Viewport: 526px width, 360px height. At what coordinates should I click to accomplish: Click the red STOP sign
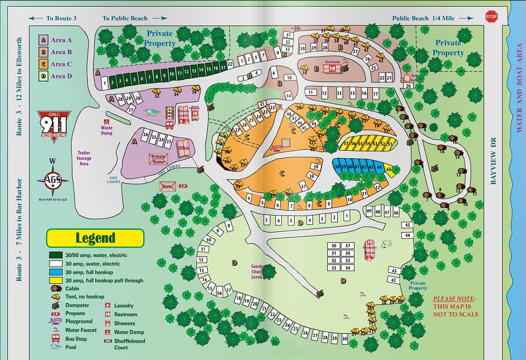491,16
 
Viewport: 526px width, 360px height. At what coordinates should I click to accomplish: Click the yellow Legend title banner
95,238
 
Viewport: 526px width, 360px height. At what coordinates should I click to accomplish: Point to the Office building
184,148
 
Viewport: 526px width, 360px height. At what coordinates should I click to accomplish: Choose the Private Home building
158,159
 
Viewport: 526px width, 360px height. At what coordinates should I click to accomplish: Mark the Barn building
168,187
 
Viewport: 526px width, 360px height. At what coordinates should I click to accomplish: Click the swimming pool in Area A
152,113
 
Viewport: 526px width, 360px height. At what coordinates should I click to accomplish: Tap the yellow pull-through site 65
389,169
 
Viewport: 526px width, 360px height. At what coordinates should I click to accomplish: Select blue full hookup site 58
337,167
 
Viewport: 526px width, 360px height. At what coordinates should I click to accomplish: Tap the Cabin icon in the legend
54,289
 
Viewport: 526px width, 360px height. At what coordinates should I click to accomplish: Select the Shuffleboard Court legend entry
128,344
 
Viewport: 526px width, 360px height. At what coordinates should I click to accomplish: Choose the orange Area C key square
43,64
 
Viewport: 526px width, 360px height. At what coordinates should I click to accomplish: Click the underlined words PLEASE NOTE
454,298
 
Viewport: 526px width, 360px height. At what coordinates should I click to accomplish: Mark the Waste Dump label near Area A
106,130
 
